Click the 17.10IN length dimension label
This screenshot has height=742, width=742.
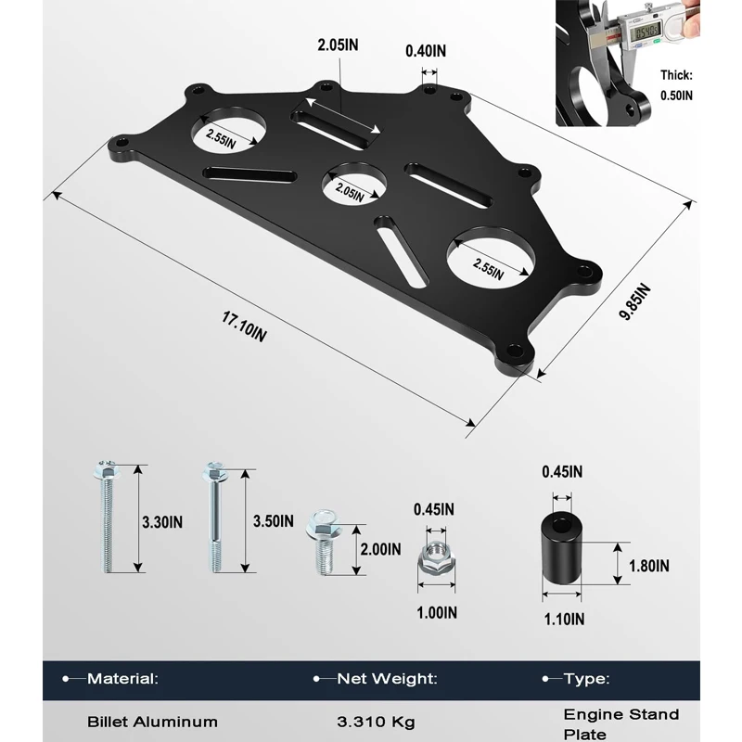(x=244, y=326)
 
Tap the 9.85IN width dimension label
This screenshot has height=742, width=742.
(x=635, y=302)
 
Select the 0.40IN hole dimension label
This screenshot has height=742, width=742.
(x=426, y=51)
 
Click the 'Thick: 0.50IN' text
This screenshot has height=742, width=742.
(x=676, y=85)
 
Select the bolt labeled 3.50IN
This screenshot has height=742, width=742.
(x=215, y=517)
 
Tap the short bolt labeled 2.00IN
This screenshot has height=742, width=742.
(x=323, y=542)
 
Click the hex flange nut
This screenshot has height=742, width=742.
(x=436, y=556)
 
